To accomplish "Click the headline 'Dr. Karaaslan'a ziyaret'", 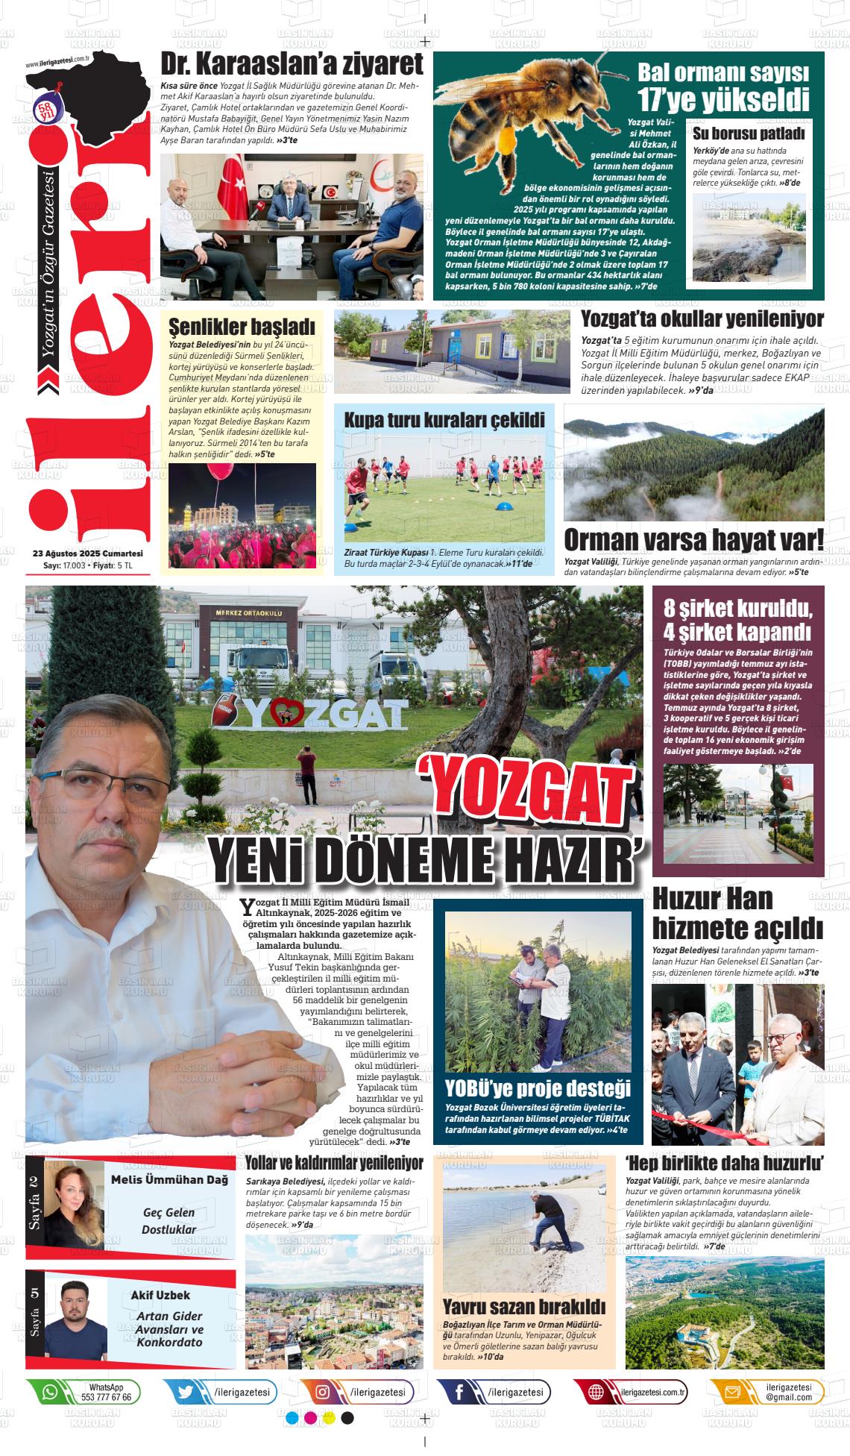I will [x=292, y=64].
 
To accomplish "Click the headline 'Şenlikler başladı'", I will [x=242, y=327].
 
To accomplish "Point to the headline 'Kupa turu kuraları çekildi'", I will [x=444, y=419].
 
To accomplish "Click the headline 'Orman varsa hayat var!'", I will [x=693, y=539].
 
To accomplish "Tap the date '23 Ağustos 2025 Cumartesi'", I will [x=88, y=553].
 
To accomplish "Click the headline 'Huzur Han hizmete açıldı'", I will [x=737, y=914].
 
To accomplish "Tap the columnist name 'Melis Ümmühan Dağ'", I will [x=169, y=1179].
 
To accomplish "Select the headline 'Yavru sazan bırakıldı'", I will [x=523, y=1306].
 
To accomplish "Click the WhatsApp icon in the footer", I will [x=49, y=1391].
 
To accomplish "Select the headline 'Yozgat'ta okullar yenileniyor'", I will [x=702, y=319].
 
